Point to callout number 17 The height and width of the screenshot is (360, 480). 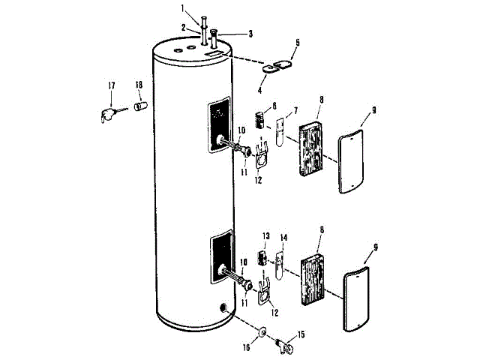111,86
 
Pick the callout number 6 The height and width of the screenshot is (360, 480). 253,106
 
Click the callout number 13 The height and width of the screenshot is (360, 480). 264,236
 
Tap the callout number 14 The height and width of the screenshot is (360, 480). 283,238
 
